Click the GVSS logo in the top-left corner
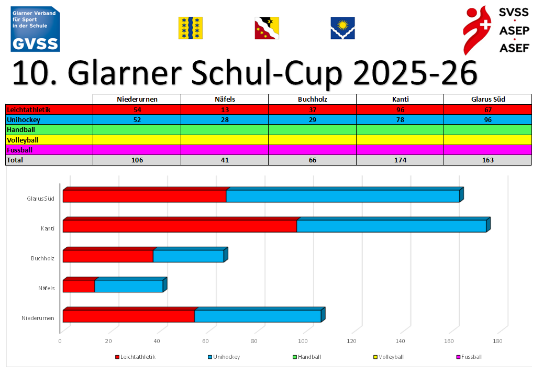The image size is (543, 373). [x=35, y=29]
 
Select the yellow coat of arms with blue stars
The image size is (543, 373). [x=191, y=28]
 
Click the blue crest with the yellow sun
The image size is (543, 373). [x=342, y=28]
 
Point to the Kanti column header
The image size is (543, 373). [x=400, y=100]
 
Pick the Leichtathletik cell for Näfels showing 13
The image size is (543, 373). [x=225, y=109]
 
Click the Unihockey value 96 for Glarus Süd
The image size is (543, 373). [x=487, y=119]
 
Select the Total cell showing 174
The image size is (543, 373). [x=400, y=160]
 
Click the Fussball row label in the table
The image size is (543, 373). [x=20, y=150]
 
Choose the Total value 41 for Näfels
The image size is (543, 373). [x=225, y=160]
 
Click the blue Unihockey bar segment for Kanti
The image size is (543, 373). [x=391, y=226]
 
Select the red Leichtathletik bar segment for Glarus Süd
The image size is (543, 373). [x=144, y=196]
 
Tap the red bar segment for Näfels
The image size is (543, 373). [x=79, y=286]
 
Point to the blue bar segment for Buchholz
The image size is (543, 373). [x=188, y=256]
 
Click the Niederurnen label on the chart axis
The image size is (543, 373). [x=38, y=318]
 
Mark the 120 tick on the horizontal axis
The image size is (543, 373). [x=351, y=341]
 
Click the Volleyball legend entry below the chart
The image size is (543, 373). [x=388, y=357]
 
